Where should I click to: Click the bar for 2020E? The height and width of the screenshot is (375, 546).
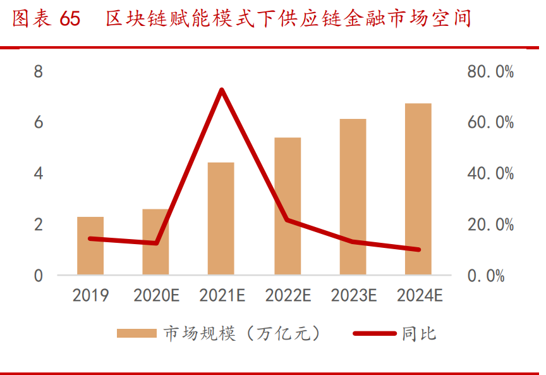155,242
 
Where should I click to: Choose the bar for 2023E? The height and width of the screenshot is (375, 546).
353,197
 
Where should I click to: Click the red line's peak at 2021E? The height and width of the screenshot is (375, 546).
221,90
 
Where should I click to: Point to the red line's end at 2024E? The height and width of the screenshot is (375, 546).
418,249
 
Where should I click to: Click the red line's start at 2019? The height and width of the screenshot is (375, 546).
90,238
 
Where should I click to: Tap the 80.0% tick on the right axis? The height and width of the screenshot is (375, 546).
490,71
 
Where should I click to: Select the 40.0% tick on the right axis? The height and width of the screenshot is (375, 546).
490,173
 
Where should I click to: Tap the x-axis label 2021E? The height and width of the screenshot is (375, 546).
221,295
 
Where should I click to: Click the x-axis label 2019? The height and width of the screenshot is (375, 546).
90,295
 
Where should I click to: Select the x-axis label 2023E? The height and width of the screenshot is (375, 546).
353,295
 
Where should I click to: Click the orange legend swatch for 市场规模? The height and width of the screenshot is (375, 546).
136,333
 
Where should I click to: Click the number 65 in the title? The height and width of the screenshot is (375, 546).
70,20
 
